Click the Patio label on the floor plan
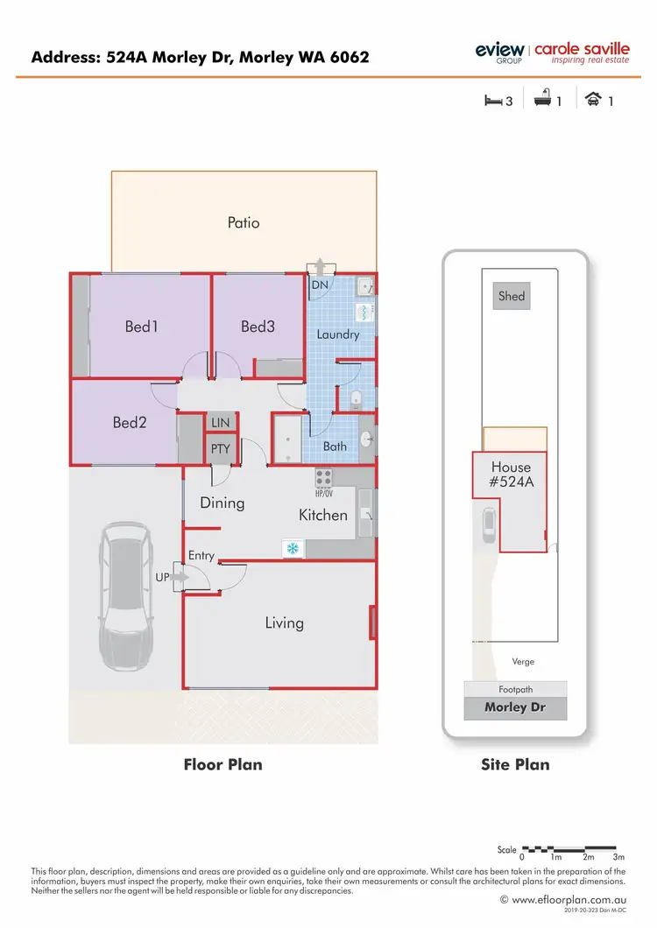pos(244,222)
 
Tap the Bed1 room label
pos(141,327)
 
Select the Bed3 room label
pos(258,327)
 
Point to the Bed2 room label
pos(129,423)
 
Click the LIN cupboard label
pos(220,423)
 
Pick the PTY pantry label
pos(219,450)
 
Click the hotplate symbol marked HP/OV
pos(324,478)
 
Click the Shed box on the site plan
pos(512,296)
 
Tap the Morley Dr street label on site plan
pos(515,707)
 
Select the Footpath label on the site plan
pos(515,689)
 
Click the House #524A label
pos(512,474)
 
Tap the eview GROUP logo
pos(499,52)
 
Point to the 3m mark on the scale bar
pos(618,857)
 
